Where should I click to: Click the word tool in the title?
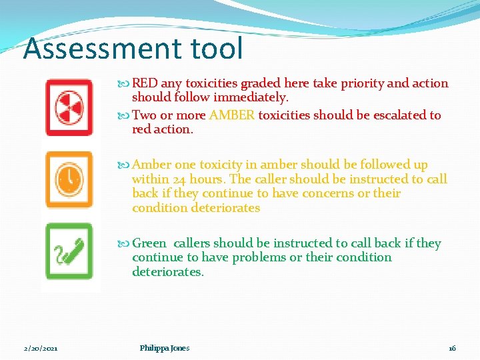click(x=219, y=49)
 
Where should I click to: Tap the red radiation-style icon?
click(x=69, y=107)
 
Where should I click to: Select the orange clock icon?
click(x=69, y=179)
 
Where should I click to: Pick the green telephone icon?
click(x=69, y=251)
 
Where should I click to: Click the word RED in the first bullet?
click(x=145, y=83)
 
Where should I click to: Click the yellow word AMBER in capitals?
click(x=232, y=115)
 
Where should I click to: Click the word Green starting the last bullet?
click(x=149, y=243)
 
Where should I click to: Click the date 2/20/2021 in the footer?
click(x=41, y=348)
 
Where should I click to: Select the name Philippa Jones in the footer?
click(x=165, y=348)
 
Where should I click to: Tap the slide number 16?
click(x=452, y=348)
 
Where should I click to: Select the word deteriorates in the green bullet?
click(x=168, y=272)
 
